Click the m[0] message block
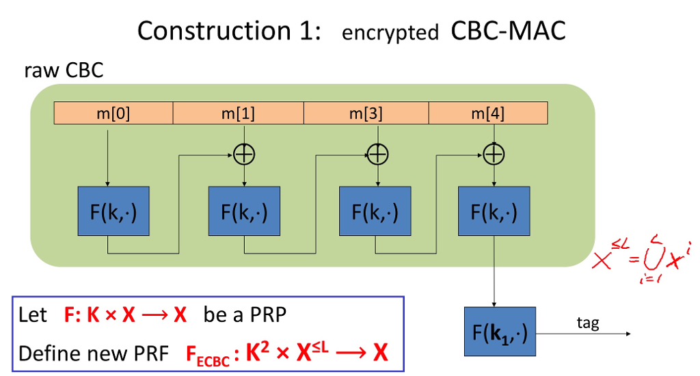click(x=113, y=113)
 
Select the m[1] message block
click(x=238, y=113)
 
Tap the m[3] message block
click(x=366, y=113)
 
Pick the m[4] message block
click(x=487, y=113)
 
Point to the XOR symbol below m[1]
click(x=244, y=155)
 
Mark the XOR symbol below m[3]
click(x=376, y=155)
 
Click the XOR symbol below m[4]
click(x=494, y=155)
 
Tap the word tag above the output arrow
click(x=587, y=323)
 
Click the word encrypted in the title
click(x=390, y=33)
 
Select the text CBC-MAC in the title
click(x=508, y=31)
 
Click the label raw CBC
click(x=64, y=70)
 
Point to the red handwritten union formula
click(x=641, y=258)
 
